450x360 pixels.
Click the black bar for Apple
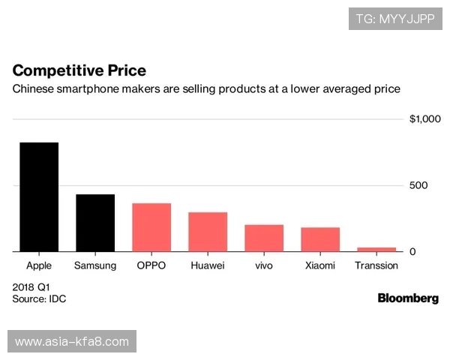pos(39,196)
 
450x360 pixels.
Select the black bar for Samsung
pos(95,223)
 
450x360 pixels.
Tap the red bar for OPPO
pos(151,227)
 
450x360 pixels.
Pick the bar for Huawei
pos(208,232)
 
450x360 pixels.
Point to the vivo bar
pos(264,238)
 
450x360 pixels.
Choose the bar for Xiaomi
pos(320,239)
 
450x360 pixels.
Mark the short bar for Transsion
pos(376,249)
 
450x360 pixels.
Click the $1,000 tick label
pos(425,119)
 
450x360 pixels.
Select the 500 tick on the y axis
pos(418,185)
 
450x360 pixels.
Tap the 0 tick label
pos(412,251)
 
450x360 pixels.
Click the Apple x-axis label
pos(39,265)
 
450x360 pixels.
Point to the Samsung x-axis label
pos(95,265)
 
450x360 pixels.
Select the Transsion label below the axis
pos(376,265)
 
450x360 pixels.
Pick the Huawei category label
pos(208,265)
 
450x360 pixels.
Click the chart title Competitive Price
pos(79,70)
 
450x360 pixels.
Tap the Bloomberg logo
pos(408,298)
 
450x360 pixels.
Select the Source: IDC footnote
pos(40,299)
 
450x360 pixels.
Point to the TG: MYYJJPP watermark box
pos(395,18)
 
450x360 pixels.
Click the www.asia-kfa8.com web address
pos(72,342)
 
